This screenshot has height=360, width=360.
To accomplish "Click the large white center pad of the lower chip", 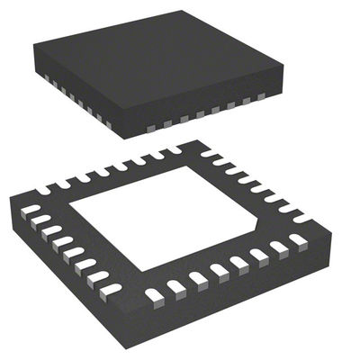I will [171, 216].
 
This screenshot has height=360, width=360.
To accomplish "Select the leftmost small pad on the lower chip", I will [31, 209].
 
